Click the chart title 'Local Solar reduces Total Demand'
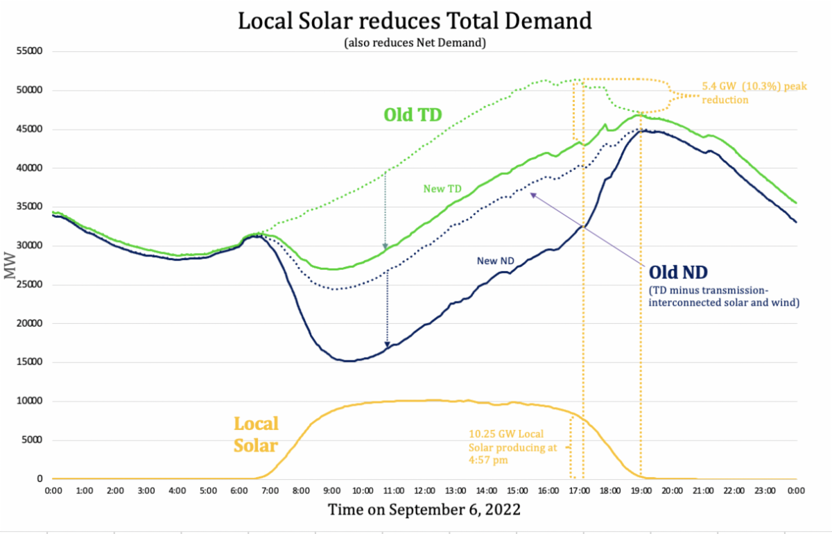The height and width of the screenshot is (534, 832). click(415, 21)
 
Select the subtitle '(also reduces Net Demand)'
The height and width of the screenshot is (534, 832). click(415, 42)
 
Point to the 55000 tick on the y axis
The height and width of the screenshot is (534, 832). click(29, 51)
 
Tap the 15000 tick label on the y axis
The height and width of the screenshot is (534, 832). click(29, 362)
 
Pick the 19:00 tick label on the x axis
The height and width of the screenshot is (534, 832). click(641, 491)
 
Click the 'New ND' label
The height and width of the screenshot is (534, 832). click(496, 261)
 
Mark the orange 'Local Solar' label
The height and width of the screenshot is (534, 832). click(256, 434)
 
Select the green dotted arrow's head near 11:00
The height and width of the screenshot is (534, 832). click(385, 247)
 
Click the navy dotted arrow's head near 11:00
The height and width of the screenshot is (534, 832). click(387, 344)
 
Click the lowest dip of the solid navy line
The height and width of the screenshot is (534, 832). click(347, 361)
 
